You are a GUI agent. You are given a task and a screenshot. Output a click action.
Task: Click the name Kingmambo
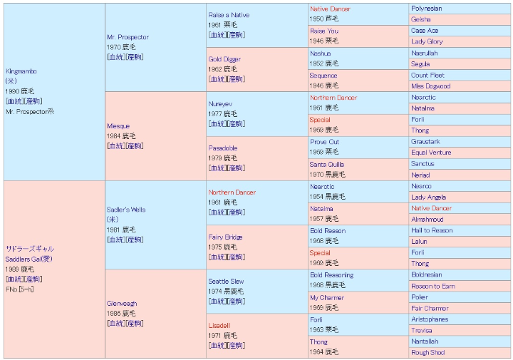coord(21,71)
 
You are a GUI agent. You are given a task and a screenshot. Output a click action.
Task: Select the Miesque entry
coord(118,126)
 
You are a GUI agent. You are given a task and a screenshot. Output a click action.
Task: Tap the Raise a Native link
coord(229,15)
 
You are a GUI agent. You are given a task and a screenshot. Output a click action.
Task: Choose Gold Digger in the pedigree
coord(224,59)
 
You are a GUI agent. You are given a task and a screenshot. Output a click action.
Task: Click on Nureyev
coord(220,103)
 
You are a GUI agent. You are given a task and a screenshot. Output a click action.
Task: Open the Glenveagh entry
coord(122,303)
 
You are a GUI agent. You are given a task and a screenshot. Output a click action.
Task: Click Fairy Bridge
coord(225,237)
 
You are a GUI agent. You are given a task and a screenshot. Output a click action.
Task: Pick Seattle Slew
coord(227,281)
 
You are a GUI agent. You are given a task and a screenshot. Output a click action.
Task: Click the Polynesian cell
coord(427,9)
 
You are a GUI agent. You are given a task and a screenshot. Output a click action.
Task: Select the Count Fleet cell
coord(427,75)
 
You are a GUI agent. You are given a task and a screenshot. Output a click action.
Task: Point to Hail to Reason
coord(431,230)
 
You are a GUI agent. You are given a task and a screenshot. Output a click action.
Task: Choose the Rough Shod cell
coord(427,352)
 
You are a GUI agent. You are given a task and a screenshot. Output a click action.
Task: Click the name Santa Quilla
coord(327,164)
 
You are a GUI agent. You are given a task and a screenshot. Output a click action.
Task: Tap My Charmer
coord(327,297)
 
